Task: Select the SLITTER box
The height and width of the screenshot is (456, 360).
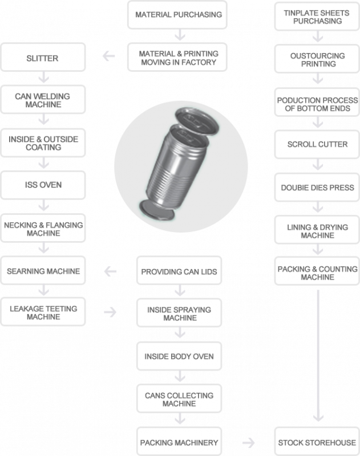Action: [43, 58]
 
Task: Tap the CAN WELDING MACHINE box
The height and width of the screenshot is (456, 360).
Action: [43, 99]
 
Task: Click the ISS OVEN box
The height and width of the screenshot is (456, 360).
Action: [43, 184]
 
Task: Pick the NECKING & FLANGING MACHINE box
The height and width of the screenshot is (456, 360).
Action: [43, 229]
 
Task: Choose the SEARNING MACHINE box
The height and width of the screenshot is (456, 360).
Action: [43, 271]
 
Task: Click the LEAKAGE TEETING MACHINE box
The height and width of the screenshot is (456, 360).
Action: [43, 312]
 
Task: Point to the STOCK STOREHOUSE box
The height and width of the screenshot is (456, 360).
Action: [317, 442]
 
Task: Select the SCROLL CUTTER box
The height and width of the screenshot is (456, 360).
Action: [317, 144]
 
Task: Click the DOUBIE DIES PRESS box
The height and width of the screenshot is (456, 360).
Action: [317, 188]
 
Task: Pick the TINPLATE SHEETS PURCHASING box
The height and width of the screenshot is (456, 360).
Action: [317, 17]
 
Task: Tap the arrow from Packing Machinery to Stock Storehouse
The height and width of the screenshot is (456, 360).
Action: [248, 442]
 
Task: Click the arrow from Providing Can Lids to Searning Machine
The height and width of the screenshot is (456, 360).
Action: [110, 272]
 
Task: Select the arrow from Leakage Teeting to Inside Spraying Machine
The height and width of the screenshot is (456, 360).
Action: [110, 312]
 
